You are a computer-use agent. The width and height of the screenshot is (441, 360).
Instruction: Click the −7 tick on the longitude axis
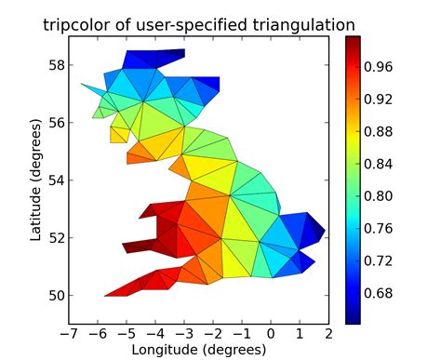(x=66, y=333)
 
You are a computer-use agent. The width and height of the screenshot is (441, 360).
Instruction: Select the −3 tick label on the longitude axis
(x=182, y=333)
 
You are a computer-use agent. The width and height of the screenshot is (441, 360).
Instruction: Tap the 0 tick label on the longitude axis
(x=271, y=333)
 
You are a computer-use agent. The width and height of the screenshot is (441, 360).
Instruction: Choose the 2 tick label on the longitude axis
(x=328, y=333)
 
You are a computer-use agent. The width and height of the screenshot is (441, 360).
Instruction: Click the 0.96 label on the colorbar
(x=383, y=67)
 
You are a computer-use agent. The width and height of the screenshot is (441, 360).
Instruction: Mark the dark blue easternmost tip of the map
(x=322, y=229)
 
